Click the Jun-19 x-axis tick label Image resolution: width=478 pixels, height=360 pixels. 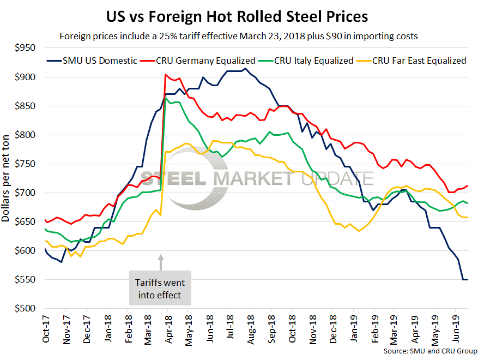(456, 331)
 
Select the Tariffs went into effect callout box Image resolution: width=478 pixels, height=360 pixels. (160, 289)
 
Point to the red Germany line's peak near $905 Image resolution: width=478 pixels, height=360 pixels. (166, 75)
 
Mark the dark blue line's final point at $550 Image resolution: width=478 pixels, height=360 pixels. (467, 280)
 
